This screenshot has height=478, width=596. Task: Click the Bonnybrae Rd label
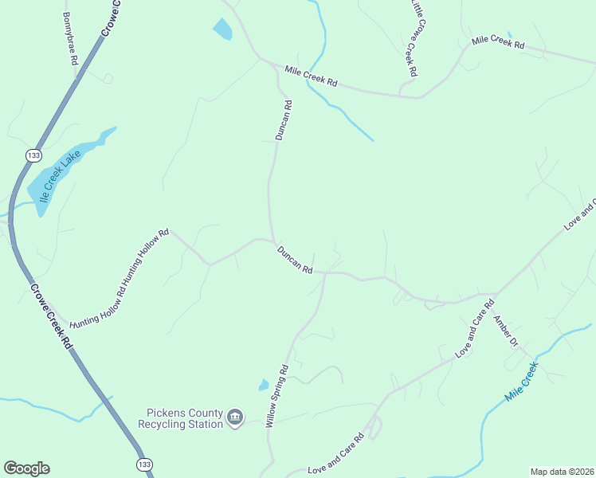coord(69,38)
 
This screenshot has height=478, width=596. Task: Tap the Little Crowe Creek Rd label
coord(413,39)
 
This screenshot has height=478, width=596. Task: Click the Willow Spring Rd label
coord(276,397)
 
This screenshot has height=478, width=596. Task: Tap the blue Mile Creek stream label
coord(522,382)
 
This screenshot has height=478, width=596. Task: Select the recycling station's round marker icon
coord(234,417)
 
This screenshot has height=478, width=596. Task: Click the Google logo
coord(26,468)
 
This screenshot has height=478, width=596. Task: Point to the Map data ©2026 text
coord(562,471)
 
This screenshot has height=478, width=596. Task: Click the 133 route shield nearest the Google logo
coord(143,464)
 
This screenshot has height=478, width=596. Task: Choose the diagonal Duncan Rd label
coord(294,260)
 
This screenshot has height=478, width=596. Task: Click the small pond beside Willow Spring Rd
coord(264,385)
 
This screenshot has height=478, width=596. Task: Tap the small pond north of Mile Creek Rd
coord(222,29)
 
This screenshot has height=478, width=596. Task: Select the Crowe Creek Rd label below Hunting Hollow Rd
coord(51,316)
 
